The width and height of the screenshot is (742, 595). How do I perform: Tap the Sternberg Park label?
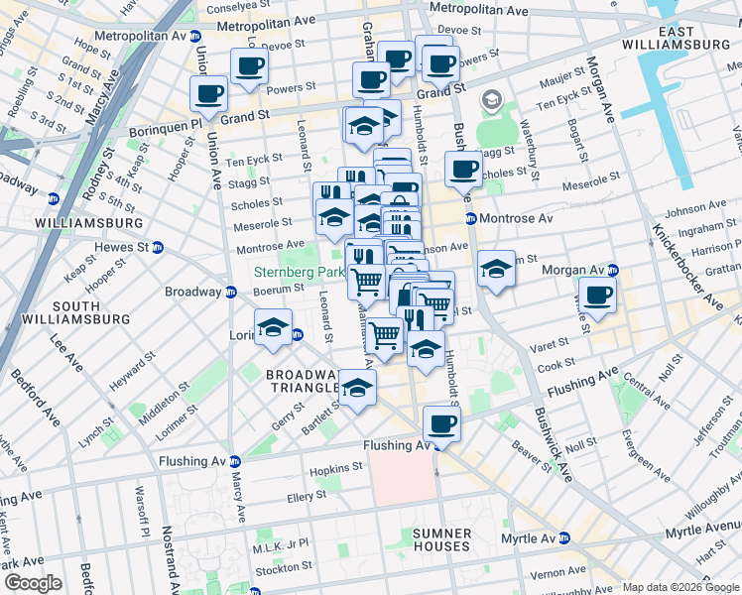tap(297, 272)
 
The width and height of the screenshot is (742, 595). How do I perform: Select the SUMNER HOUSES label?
tap(442, 540)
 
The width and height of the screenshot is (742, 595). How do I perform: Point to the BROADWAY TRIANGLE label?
tap(304, 382)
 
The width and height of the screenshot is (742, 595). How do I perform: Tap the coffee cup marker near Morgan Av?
tap(598, 295)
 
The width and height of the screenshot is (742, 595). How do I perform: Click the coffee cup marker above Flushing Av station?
tap(441, 423)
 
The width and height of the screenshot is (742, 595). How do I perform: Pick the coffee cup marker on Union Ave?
tap(209, 93)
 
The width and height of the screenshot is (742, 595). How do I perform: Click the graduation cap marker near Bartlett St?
tap(357, 387)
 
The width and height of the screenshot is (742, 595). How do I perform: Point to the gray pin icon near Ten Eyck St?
tap(491, 100)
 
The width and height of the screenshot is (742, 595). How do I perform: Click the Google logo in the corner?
tap(33, 583)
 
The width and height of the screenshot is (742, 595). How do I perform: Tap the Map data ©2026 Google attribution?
tap(680, 587)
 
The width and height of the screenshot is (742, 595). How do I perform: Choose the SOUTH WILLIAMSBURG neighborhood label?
tap(90, 312)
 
